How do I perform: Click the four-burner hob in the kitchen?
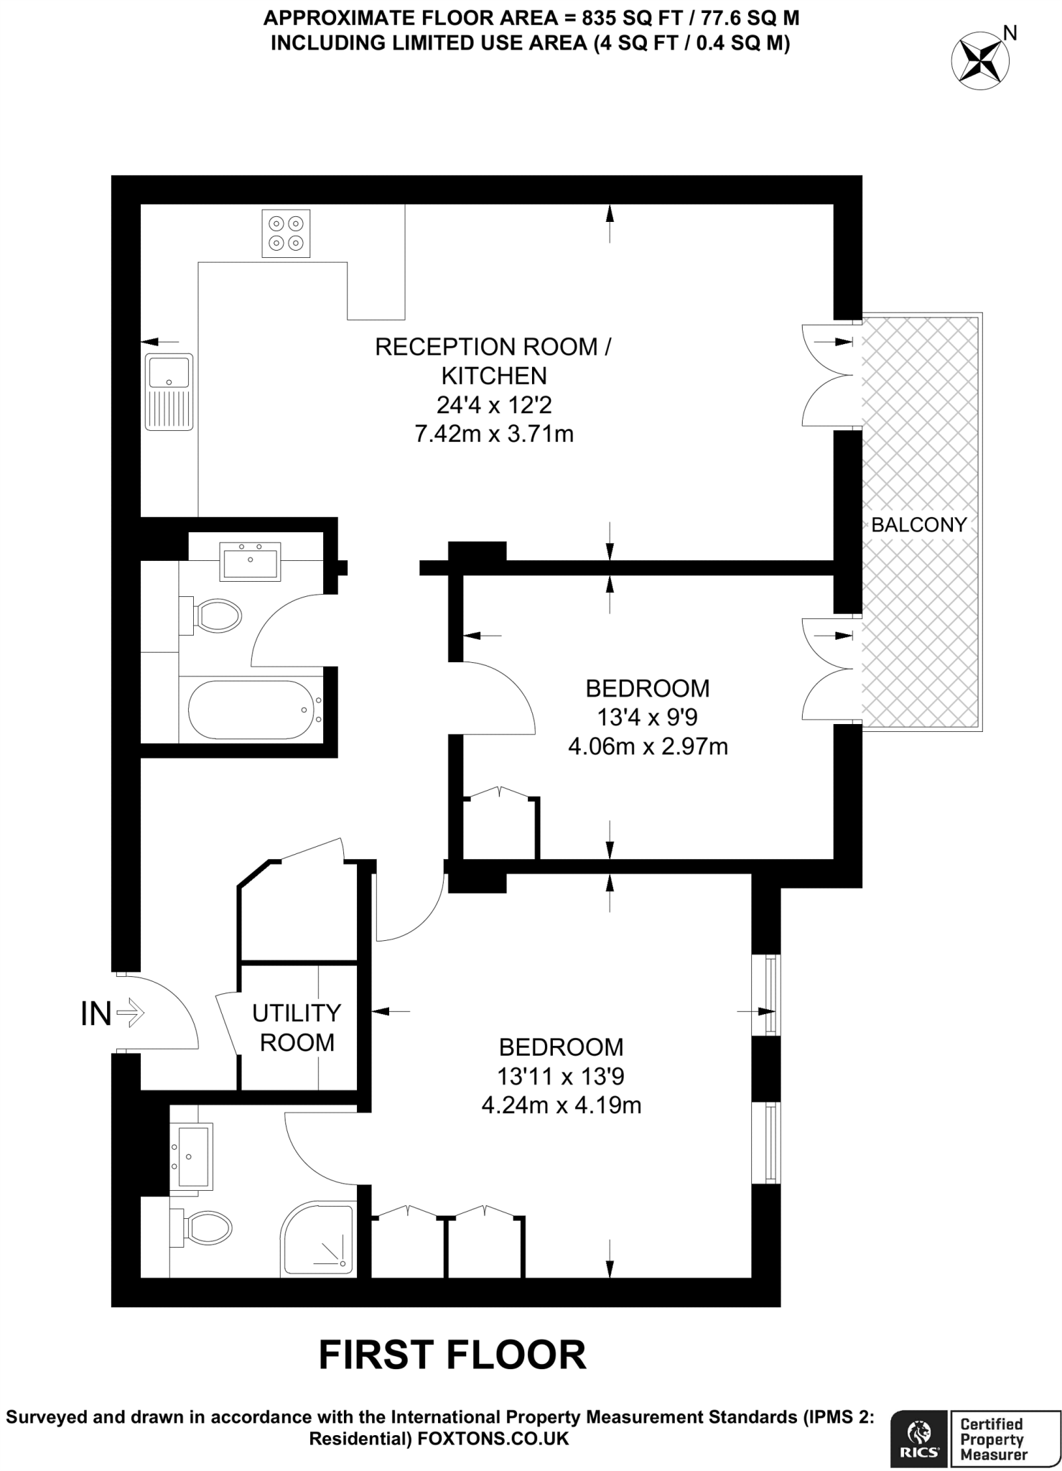286,233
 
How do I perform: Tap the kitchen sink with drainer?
169,391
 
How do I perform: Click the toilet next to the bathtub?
215,616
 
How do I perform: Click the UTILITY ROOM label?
297,1027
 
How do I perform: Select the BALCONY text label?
918,524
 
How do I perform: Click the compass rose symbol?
979,61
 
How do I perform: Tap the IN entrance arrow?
129,1013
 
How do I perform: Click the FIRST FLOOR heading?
452,1355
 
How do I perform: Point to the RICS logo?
919,1436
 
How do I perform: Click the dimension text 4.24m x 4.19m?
561,1105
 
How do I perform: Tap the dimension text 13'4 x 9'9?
647,717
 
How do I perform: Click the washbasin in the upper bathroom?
251,561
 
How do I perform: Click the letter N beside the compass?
1010,32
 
